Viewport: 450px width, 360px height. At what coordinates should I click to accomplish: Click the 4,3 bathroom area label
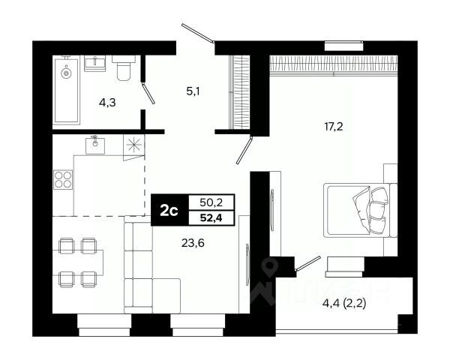point(107,103)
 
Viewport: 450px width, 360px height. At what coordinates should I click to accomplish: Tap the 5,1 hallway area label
point(193,91)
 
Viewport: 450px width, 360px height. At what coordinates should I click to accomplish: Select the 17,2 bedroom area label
point(334,126)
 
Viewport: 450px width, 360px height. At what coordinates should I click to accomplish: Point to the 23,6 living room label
point(193,243)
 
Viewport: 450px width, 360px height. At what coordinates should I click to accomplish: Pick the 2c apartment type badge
point(169,211)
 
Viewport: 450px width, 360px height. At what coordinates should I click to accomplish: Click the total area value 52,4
point(211,218)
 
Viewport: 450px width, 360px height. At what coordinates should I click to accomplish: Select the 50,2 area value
point(211,203)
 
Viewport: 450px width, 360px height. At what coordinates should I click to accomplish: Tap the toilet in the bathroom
point(124,67)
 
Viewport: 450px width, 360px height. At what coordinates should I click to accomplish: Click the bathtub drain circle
point(66,73)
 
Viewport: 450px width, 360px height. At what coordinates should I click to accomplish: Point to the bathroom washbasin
point(94,63)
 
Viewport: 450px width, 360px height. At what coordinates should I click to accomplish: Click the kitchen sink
point(95,145)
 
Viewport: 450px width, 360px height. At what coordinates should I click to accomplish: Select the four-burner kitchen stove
point(63,179)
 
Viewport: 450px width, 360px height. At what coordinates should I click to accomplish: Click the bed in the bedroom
point(361,210)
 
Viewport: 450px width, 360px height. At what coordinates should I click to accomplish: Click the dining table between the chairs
point(78,262)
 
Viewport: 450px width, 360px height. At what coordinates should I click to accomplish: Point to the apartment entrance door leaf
point(198,33)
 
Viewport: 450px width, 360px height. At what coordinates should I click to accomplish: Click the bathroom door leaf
point(148,93)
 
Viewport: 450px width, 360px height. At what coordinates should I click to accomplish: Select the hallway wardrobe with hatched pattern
point(240,92)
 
